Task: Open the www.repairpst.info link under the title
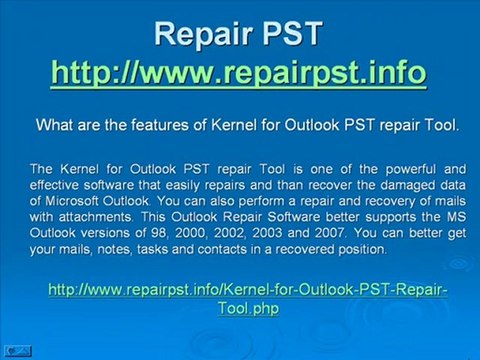(x=239, y=72)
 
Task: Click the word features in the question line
(x=164, y=126)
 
